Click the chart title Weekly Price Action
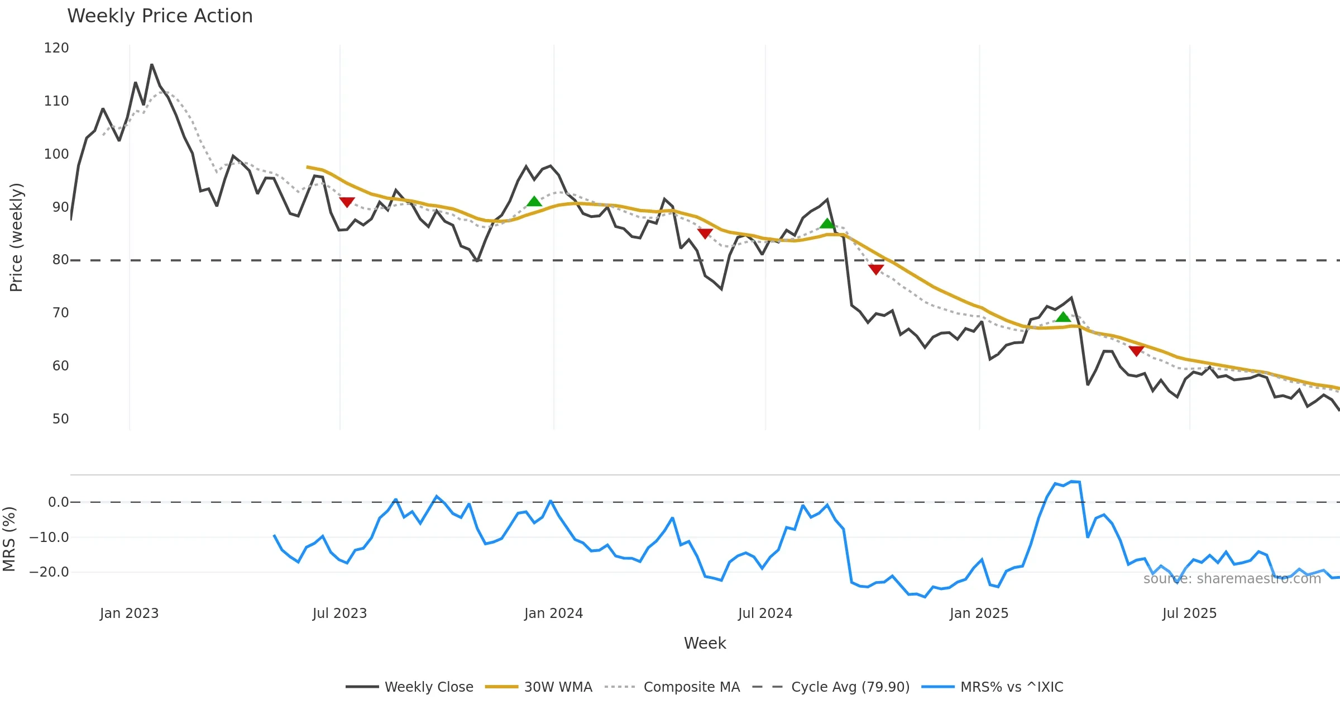pyautogui.click(x=160, y=16)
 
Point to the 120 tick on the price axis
pyautogui.click(x=56, y=48)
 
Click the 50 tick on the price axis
pyautogui.click(x=60, y=419)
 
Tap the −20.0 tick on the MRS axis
pyautogui.click(x=49, y=572)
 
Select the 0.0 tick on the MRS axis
pyautogui.click(x=59, y=502)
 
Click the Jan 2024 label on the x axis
pyautogui.click(x=553, y=613)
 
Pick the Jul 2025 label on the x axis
pyautogui.click(x=1189, y=613)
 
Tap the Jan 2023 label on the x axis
pyautogui.click(x=129, y=613)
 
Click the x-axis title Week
pyautogui.click(x=705, y=644)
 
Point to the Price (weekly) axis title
pyautogui.click(x=16, y=237)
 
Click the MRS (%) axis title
pyautogui.click(x=9, y=539)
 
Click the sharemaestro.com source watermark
pyautogui.click(x=1232, y=579)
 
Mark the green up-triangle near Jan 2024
pyautogui.click(x=534, y=202)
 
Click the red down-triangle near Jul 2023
pyautogui.click(x=347, y=202)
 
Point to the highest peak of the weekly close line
pyautogui.click(x=151, y=65)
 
